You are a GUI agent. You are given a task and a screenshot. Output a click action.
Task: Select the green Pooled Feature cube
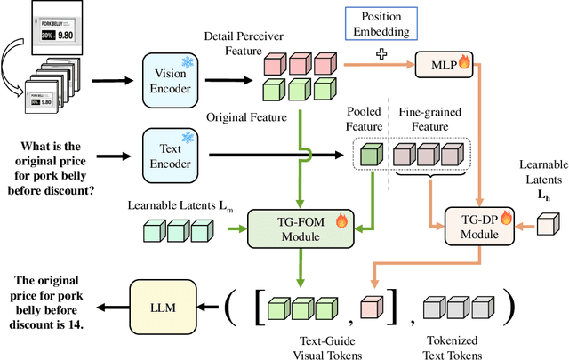[368, 156]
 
